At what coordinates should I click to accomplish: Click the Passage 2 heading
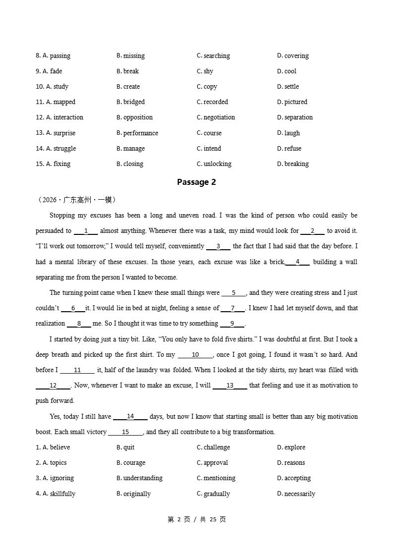point(196,182)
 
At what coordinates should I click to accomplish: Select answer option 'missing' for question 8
point(133,56)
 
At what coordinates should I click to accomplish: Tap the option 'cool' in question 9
point(290,71)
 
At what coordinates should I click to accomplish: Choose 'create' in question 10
point(131,86)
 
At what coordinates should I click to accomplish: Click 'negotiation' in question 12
point(219,117)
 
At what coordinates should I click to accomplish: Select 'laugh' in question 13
point(292,133)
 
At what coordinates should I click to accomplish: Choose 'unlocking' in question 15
point(217,164)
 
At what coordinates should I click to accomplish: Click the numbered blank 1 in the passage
point(86,230)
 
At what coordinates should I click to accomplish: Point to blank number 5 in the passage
point(233,292)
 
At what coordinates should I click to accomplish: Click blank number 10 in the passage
point(195,354)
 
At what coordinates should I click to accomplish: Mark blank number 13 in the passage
point(230,385)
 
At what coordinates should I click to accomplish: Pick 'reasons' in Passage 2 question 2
point(294,462)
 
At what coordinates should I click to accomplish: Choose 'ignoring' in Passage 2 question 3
point(62,478)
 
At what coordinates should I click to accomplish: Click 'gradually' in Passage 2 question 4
point(217,494)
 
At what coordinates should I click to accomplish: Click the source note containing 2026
point(77,200)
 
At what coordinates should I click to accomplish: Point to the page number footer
point(197,519)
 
